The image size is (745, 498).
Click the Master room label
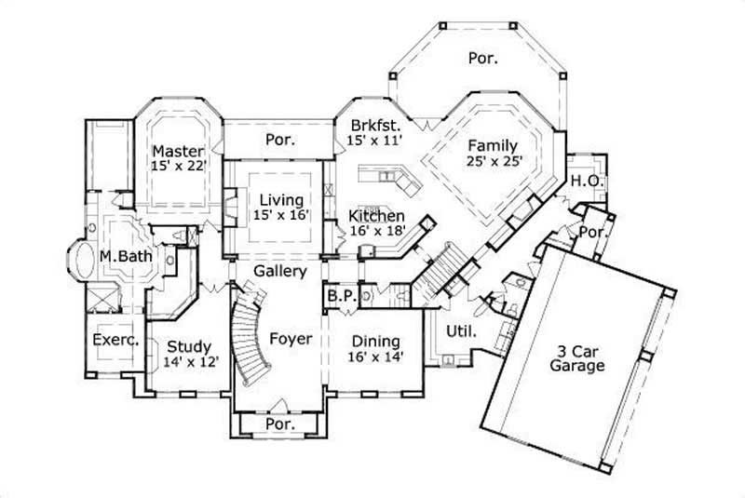pyautogui.click(x=172, y=151)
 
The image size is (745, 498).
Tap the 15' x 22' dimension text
pyautogui.click(x=177, y=166)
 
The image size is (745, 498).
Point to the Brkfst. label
pyautogui.click(x=375, y=125)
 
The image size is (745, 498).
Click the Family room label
pyautogui.click(x=492, y=145)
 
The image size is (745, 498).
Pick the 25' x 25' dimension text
pyautogui.click(x=494, y=161)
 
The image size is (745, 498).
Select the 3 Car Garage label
pyautogui.click(x=576, y=357)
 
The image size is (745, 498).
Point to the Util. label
pyautogui.click(x=463, y=330)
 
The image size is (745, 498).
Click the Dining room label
pyautogui.click(x=375, y=341)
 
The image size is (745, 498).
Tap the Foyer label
pyautogui.click(x=290, y=339)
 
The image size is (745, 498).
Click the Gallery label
pyautogui.click(x=279, y=271)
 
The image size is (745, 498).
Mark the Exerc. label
pyautogui.click(x=115, y=341)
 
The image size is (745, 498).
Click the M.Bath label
pyautogui.click(x=125, y=255)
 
